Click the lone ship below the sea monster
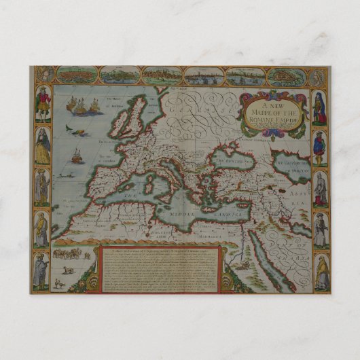click(77, 156)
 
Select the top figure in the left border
click(42, 105)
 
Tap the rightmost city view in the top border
click(286, 76)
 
